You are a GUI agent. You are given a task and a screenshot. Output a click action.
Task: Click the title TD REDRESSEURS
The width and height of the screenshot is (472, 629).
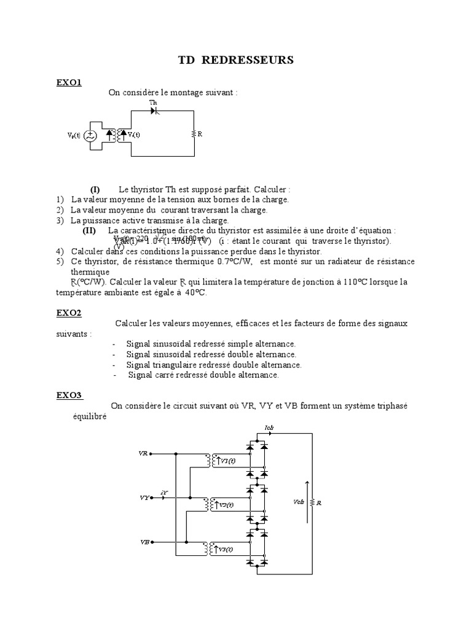236,60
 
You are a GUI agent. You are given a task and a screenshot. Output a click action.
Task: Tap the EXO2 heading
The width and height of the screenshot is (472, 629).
69,313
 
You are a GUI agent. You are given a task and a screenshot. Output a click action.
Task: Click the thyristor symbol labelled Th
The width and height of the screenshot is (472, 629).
155,111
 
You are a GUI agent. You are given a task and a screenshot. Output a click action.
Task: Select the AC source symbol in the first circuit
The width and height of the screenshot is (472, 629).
90,135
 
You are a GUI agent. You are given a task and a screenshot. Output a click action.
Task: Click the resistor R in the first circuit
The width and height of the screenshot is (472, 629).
194,133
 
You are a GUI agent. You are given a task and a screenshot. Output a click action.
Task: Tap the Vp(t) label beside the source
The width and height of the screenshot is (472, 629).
74,135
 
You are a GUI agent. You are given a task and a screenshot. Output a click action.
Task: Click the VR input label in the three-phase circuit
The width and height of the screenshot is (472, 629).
143,454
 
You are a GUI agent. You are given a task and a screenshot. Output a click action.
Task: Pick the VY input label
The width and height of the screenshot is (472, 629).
143,498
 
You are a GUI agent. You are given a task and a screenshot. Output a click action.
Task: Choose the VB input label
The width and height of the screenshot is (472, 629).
144,542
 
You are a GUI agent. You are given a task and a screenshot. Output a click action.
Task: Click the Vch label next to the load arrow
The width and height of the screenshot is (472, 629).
299,501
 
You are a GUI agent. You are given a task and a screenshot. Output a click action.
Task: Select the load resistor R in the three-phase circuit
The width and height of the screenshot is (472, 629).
313,502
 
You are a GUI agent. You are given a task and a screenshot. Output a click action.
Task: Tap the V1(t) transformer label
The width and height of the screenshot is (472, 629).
227,460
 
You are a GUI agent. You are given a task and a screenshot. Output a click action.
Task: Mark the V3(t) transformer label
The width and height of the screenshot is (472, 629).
226,549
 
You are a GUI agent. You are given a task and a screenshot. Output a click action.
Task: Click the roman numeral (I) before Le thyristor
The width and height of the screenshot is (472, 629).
95,189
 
